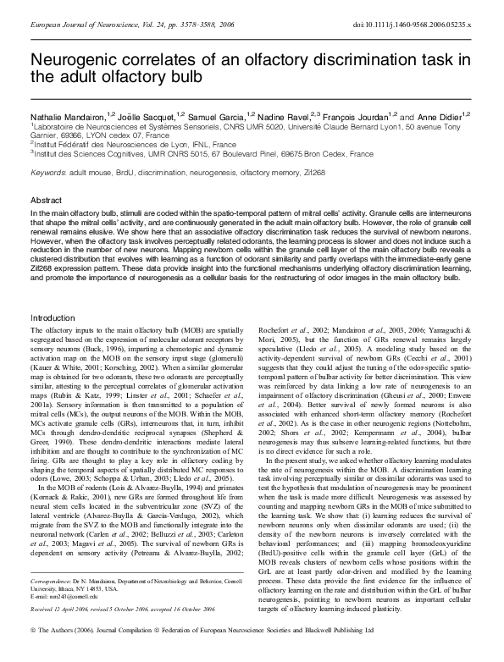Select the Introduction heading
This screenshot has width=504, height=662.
click(x=53, y=317)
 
